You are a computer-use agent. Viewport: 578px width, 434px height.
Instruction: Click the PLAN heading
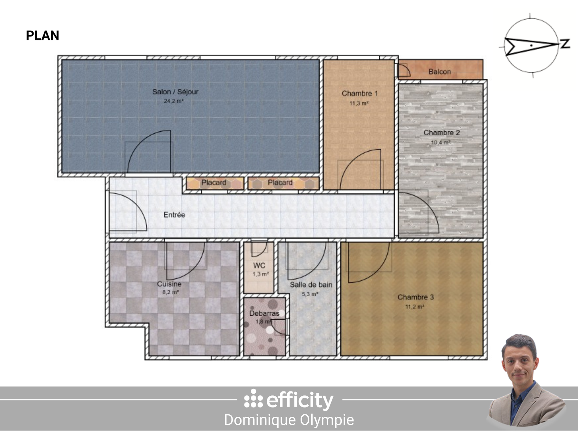[x=43, y=36]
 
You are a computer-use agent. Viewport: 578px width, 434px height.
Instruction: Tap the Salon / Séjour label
[x=175, y=92]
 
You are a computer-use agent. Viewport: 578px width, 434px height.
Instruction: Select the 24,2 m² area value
[x=173, y=101]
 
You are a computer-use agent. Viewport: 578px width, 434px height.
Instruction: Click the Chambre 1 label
[x=359, y=94]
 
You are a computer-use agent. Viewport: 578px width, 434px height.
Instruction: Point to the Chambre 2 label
[x=441, y=133]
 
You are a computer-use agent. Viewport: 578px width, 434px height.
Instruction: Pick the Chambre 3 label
[x=416, y=297]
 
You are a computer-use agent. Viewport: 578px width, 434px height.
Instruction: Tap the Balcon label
[x=439, y=72]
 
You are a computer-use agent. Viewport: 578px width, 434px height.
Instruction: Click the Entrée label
[x=174, y=215]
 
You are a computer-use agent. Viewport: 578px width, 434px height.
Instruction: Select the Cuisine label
[x=169, y=284]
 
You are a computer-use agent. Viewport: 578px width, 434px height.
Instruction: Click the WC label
[x=259, y=266]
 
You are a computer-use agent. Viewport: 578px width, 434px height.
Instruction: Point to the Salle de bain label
[x=311, y=285]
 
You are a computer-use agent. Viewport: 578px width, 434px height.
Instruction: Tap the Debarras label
[x=264, y=313]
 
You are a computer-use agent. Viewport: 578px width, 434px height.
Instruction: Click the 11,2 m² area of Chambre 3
[x=415, y=307]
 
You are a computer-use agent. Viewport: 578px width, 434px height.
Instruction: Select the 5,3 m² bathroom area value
[x=310, y=294]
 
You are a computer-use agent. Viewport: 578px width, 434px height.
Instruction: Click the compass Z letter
[x=565, y=44]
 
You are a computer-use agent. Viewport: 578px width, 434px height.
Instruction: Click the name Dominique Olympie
[x=289, y=420]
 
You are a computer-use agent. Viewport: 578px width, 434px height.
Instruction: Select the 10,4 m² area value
[x=440, y=143]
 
